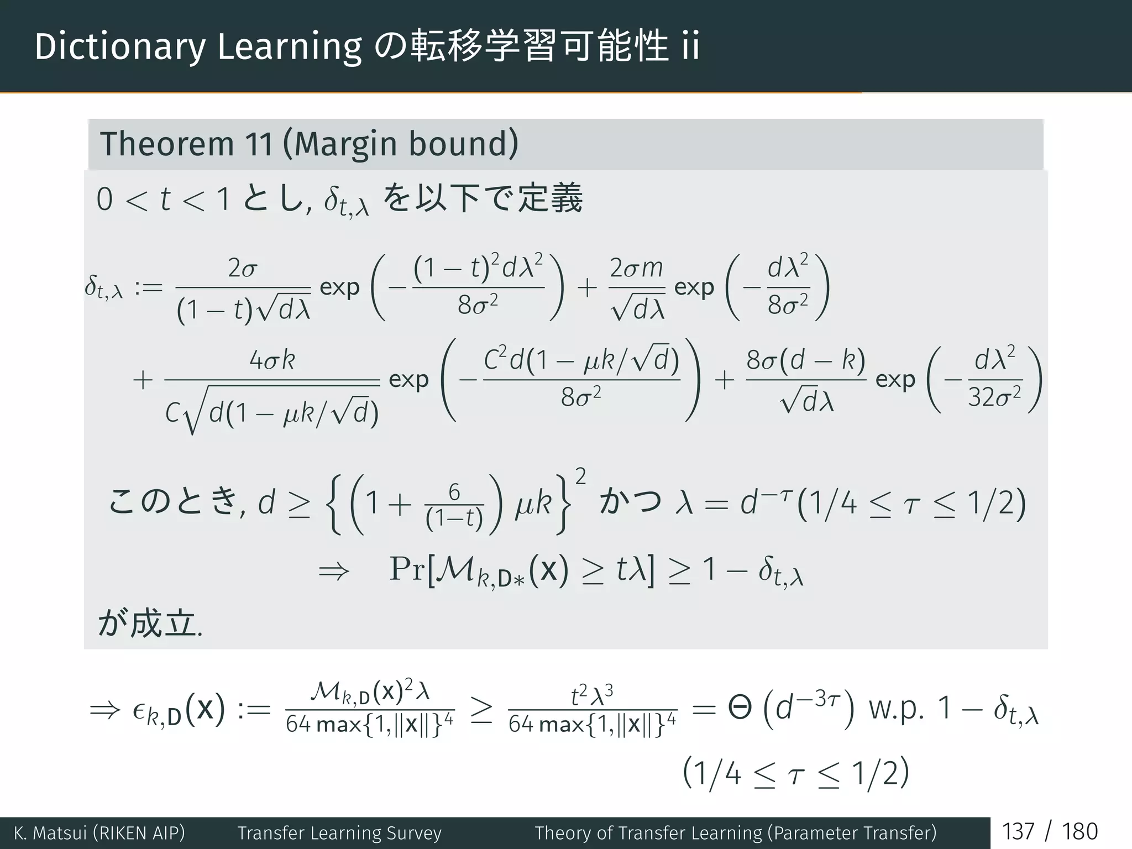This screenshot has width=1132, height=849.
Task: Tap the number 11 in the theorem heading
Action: coord(259,144)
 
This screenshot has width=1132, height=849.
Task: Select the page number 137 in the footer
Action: coord(1018,832)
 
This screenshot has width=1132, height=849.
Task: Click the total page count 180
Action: coord(1079,832)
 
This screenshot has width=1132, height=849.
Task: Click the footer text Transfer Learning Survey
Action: coord(339,833)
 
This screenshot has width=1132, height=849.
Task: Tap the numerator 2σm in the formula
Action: coord(636,269)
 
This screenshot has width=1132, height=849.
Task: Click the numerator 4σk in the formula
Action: coord(272,360)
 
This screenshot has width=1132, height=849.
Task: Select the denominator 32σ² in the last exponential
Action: coord(994,397)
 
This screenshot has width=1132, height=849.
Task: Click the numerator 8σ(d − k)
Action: coord(805,360)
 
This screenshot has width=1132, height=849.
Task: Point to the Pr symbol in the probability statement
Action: coord(407,569)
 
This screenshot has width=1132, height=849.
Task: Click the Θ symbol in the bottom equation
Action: coord(740,709)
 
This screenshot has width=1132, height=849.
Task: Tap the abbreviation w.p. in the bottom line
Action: coord(896,709)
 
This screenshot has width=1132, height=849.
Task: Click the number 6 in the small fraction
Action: coord(454,491)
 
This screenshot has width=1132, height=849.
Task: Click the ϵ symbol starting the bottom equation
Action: coord(140,710)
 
